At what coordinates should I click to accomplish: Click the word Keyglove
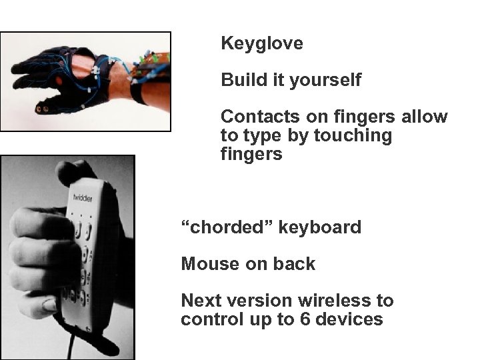262,44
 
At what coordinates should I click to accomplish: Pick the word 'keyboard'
320,227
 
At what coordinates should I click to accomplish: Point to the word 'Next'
200,301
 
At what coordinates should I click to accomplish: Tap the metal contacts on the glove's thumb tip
46,105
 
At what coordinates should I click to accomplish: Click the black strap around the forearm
140,93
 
